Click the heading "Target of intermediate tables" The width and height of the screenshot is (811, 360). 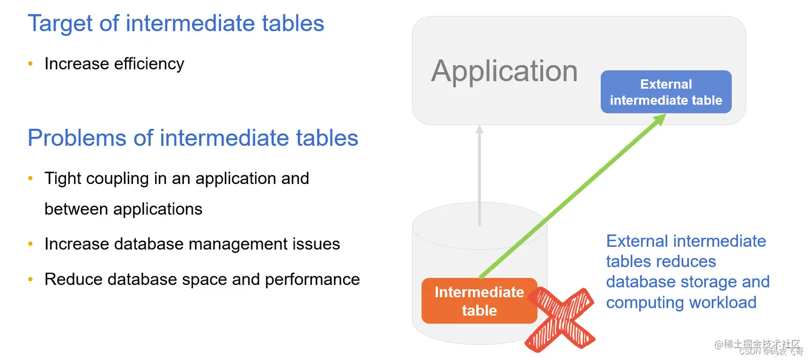[x=176, y=24]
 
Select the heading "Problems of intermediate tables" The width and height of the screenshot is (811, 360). [x=193, y=138]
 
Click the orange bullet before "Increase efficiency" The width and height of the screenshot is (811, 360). [x=31, y=64]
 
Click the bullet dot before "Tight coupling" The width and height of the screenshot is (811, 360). [x=31, y=179]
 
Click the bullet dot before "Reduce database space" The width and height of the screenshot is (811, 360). [x=31, y=280]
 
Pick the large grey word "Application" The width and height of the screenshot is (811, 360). [x=504, y=71]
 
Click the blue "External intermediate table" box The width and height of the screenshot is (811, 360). [x=666, y=92]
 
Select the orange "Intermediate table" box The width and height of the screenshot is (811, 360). [x=479, y=300]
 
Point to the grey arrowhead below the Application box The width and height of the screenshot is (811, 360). [x=480, y=130]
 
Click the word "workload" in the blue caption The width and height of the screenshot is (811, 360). [x=722, y=303]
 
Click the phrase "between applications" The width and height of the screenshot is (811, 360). [x=123, y=209]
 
